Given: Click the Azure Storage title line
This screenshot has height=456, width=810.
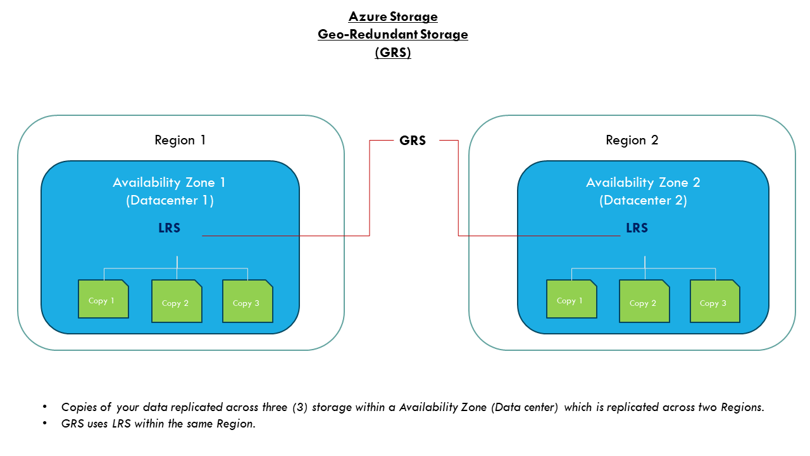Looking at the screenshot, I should click(392, 16).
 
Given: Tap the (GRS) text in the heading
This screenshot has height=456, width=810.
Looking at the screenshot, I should click(392, 53).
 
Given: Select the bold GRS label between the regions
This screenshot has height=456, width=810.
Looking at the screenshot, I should click(413, 141).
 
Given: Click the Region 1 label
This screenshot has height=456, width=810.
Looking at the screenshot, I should click(180, 140).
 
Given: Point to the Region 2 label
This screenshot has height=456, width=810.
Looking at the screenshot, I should click(632, 140).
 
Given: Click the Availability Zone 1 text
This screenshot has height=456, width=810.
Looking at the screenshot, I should click(169, 182).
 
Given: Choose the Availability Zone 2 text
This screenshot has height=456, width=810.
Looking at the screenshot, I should click(643, 182).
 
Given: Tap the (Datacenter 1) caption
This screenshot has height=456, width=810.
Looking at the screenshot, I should click(169, 200).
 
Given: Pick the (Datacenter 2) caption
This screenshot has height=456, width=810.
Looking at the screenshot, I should click(643, 200).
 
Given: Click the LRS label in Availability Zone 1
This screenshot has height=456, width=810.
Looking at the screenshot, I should click(170, 228).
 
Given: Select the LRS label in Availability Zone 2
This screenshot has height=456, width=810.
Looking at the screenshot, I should click(637, 228).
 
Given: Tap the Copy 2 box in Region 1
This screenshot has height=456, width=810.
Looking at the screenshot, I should click(176, 301).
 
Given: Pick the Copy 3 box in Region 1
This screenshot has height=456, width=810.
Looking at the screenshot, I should click(247, 301).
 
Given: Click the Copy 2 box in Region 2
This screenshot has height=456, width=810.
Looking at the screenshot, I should click(644, 301).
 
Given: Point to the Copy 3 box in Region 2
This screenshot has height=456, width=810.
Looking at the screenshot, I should click(714, 301).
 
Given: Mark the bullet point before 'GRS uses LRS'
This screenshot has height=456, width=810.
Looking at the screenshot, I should click(45, 424).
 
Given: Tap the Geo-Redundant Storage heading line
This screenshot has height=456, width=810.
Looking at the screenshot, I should click(392, 34).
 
